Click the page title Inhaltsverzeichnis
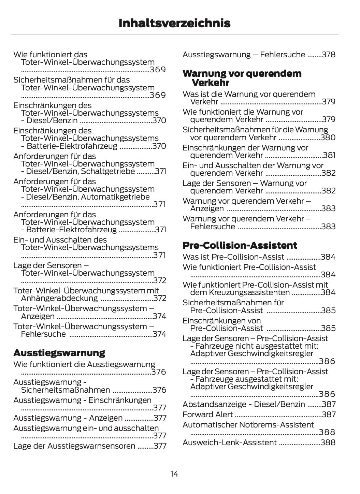[x=174, y=23]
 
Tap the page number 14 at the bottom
[x=174, y=474]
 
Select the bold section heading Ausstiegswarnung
[x=59, y=352]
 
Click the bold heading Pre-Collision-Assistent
[x=240, y=245]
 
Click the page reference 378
[x=329, y=55]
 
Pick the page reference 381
[x=329, y=155]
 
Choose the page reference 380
[x=328, y=137]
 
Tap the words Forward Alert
[x=207, y=415]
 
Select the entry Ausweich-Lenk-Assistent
[x=229, y=442]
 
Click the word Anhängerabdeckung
[x=59, y=299]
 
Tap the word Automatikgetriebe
[x=115, y=197]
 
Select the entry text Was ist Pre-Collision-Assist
[x=233, y=257]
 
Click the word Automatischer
[x=209, y=425]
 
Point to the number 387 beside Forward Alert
[x=329, y=415]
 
